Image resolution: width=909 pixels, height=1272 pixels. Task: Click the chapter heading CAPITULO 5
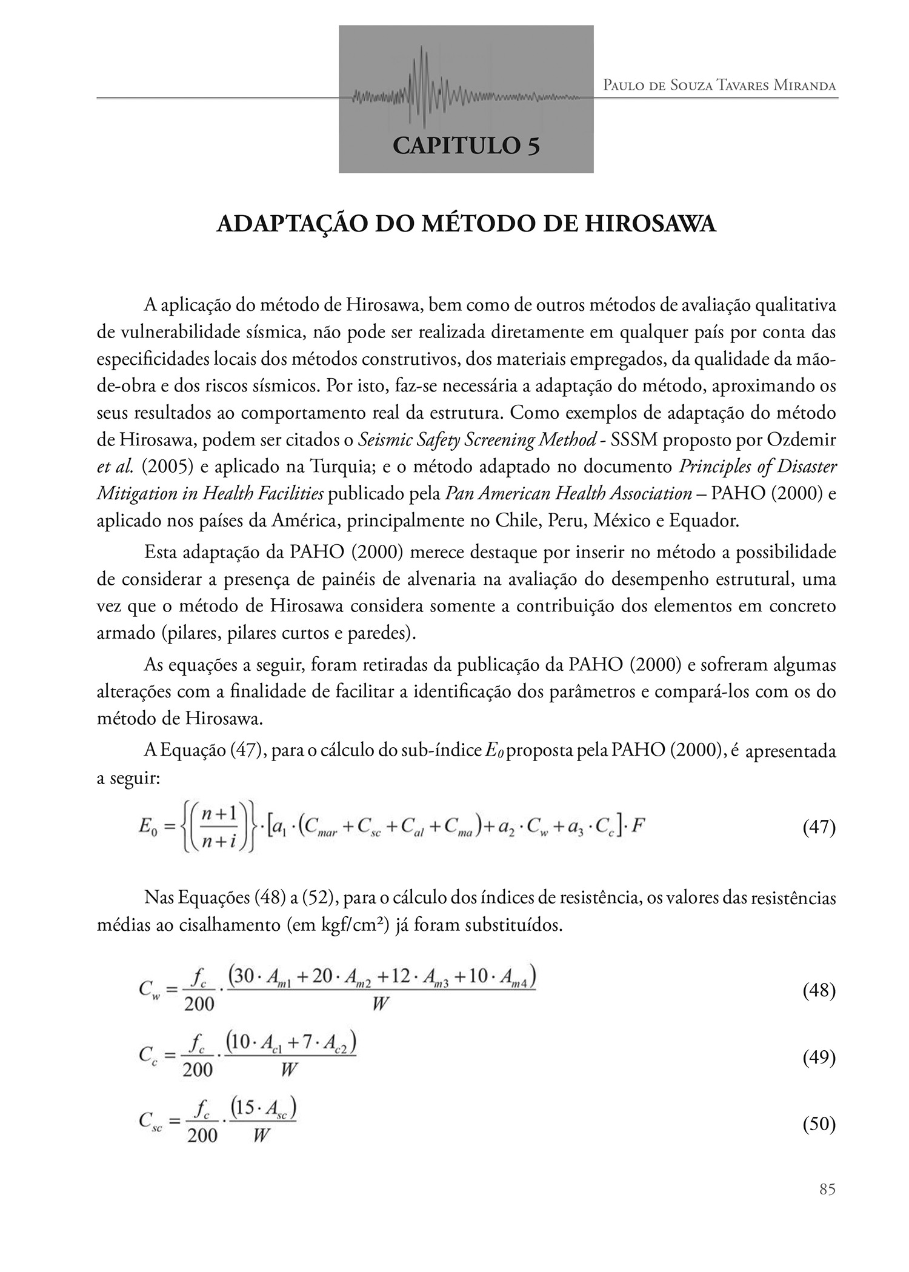point(466,146)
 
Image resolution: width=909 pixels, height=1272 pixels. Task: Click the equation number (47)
point(819,828)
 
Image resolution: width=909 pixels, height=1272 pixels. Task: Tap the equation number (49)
point(819,1057)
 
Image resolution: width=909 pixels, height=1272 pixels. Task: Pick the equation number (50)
point(819,1124)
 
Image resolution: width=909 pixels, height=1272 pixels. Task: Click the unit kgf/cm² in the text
point(354,927)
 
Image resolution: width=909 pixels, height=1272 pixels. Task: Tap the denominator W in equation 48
point(380,1005)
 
